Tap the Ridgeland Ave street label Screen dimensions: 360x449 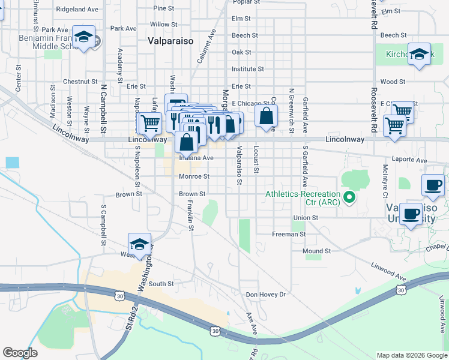tap(77, 10)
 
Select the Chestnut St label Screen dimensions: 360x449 tap(80, 81)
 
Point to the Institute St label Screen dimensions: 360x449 tap(248, 69)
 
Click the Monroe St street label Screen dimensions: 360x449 tap(194, 176)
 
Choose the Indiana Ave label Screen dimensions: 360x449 tap(196, 158)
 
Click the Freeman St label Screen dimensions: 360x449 tap(289, 234)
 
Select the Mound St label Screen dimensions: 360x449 tap(316, 251)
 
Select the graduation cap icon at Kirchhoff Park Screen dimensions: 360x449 tap(419, 52)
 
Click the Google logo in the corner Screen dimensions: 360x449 tap(20, 353)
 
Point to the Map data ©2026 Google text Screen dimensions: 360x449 tap(411, 355)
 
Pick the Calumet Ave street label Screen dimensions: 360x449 tap(206, 46)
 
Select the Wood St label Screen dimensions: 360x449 tap(393, 81)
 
